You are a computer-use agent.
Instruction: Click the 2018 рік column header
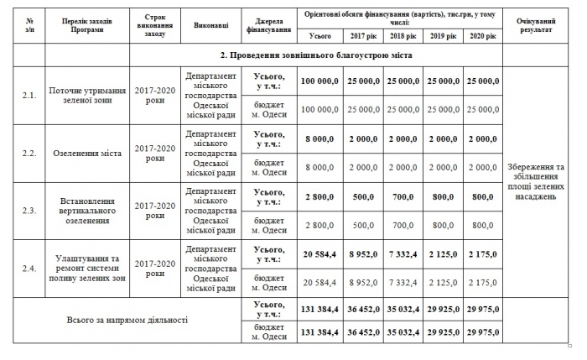tap(402, 36)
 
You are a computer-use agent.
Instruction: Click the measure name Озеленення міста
tap(88, 153)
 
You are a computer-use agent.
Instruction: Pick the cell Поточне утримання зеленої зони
tap(88, 95)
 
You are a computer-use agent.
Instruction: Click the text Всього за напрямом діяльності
tap(127, 321)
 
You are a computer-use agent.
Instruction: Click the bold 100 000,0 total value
tap(319, 81)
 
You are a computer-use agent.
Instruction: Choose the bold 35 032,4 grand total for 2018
tap(402, 309)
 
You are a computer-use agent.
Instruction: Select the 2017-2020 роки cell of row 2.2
tap(154, 153)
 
